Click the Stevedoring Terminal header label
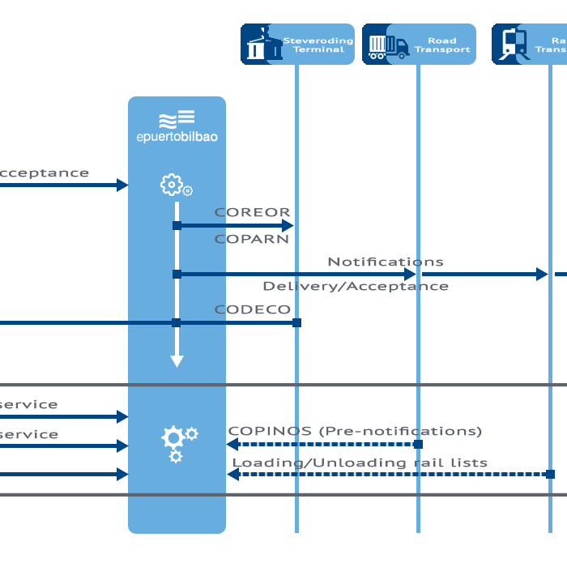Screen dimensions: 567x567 318,45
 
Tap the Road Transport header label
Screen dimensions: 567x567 442,45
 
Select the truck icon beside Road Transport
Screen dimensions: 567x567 388,46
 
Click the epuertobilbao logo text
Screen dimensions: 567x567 177,137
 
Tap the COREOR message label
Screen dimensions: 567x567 252,213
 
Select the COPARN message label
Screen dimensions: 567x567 251,240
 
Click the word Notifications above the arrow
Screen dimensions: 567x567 386,262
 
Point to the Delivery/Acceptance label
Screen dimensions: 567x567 355,287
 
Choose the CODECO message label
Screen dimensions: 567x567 252,309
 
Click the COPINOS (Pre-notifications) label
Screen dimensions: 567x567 355,431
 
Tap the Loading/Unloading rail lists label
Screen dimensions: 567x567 360,463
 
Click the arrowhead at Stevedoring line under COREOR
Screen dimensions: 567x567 288,226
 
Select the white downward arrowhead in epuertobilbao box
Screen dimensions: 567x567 177,361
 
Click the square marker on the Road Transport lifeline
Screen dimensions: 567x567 418,444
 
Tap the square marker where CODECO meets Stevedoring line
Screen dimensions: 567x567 296,323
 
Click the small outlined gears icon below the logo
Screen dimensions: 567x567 176,186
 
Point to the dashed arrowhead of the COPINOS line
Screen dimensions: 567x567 232,444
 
